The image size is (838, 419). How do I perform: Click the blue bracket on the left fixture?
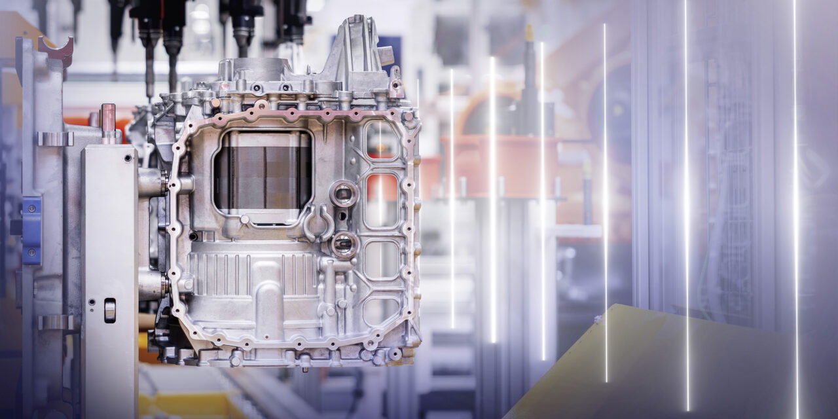point(31,230)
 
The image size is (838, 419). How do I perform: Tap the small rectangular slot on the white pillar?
point(110,310)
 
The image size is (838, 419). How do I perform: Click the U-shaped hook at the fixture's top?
point(56,50)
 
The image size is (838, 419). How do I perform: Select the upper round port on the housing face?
point(344,193)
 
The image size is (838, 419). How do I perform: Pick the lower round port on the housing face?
point(344,245)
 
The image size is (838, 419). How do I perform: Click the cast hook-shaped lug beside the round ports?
point(317,223)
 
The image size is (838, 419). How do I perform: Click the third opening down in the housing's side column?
point(382,259)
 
